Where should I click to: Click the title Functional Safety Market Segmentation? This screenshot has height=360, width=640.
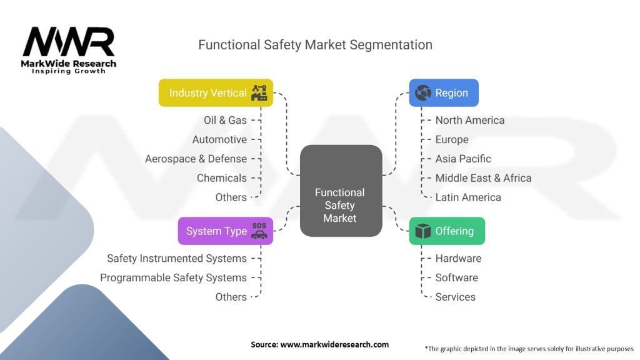[x=315, y=45]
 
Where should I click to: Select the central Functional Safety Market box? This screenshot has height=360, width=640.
[x=341, y=191]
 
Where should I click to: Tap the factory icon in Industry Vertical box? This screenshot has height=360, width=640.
[x=259, y=92]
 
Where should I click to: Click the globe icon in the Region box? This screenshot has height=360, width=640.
[x=423, y=92]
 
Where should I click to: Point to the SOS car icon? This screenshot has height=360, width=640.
[x=259, y=231]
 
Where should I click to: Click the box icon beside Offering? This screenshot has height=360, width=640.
[x=423, y=231]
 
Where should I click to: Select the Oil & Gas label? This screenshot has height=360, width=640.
[x=225, y=120]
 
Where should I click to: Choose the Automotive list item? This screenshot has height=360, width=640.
[x=219, y=139]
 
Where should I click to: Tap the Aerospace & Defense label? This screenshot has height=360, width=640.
[x=196, y=159]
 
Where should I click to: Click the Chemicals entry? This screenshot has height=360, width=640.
[x=222, y=178]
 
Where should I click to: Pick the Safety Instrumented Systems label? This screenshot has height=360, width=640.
[x=177, y=258]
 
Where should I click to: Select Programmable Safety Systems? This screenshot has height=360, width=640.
[x=173, y=277]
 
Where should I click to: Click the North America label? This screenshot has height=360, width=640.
[x=470, y=120]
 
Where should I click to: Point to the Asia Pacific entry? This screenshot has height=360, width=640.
[x=463, y=159]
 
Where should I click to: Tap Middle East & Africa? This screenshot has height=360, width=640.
[x=483, y=178]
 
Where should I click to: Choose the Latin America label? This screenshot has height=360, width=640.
[x=468, y=197]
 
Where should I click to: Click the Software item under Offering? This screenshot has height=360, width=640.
[x=456, y=277]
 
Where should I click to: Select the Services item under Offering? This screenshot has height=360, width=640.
[x=455, y=297]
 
